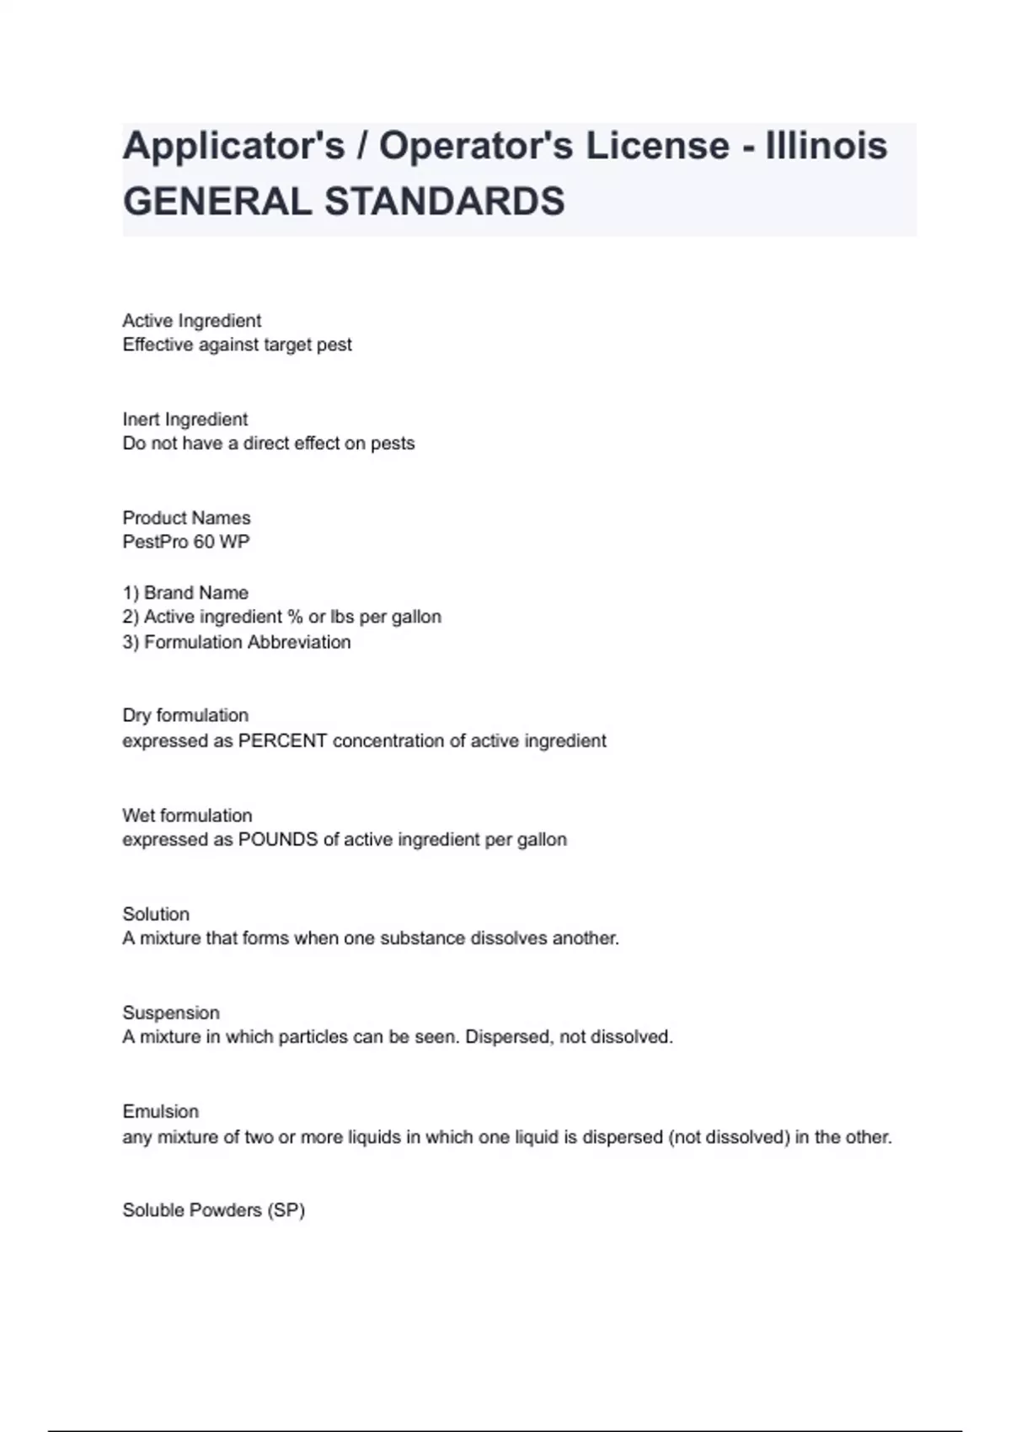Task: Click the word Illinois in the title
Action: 826,146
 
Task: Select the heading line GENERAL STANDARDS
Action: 344,202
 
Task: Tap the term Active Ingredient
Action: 191,321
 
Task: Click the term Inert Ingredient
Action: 185,419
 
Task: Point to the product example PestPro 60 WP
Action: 186,542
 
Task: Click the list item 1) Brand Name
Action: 185,593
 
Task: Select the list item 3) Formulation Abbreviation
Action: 236,642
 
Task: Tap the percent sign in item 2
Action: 294,617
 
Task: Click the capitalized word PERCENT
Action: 282,741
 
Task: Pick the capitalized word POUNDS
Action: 278,840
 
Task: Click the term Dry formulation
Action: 185,716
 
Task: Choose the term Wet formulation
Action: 187,815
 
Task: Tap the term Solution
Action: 156,914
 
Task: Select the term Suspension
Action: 171,1013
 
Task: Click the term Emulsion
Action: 160,1112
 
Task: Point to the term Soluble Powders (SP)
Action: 213,1210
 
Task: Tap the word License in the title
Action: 657,146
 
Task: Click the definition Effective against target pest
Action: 237,345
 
